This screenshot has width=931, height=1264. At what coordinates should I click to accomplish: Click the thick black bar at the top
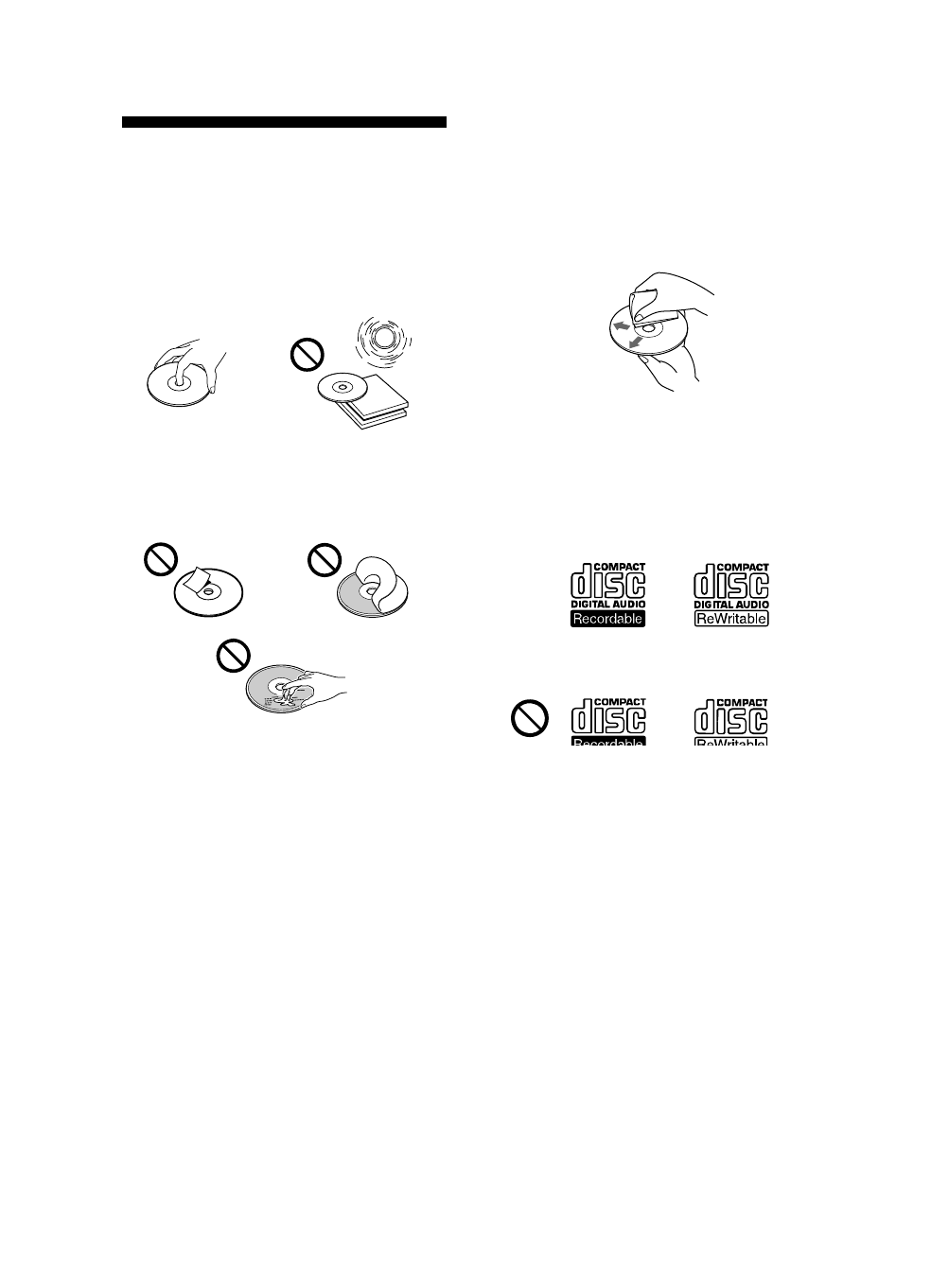[x=284, y=122]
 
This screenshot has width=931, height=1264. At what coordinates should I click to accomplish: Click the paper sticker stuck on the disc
[x=197, y=579]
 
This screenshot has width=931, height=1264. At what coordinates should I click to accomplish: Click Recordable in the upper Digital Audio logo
[x=606, y=619]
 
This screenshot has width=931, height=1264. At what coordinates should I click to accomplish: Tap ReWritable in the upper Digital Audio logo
[x=731, y=619]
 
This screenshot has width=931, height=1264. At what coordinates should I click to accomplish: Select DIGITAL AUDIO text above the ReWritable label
[x=731, y=604]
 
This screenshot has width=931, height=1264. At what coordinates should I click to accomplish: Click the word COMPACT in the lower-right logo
[x=743, y=702]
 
